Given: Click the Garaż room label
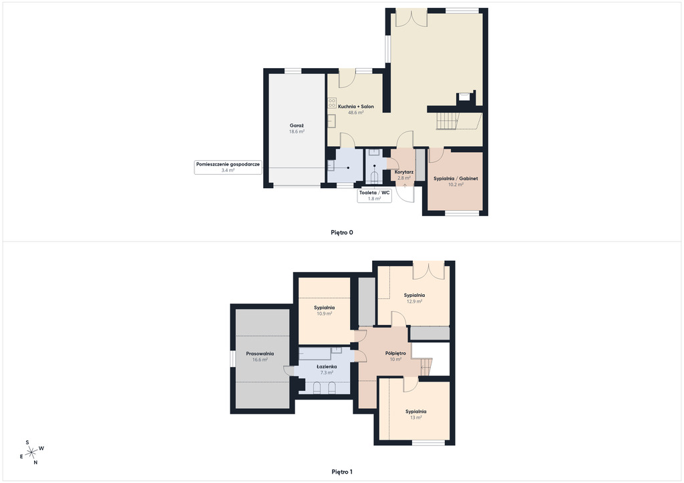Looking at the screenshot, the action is click(x=297, y=125).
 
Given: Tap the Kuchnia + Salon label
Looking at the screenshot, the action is click(x=356, y=106).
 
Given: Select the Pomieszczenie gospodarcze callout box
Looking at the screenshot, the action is click(x=228, y=167).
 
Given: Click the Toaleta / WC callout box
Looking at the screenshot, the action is click(x=374, y=195).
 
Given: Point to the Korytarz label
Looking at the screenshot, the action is click(x=404, y=172).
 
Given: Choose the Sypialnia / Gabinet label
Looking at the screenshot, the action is click(x=456, y=179).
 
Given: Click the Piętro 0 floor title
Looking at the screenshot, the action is click(x=342, y=233).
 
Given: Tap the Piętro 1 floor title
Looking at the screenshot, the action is click(x=342, y=472).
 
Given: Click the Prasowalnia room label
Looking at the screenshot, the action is click(x=260, y=354).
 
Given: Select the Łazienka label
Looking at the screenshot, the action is click(x=327, y=367).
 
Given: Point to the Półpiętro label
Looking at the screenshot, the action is click(x=395, y=353).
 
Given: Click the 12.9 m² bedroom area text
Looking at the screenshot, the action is click(x=414, y=302).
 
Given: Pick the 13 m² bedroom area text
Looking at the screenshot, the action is click(x=415, y=418).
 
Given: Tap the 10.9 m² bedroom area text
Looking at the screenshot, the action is click(x=325, y=314).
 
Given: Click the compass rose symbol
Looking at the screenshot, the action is click(x=31, y=453).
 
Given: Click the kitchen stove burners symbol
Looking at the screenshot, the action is click(x=332, y=103).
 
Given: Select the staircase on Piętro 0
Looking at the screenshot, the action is click(x=448, y=121).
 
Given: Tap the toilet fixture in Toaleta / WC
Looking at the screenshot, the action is click(x=374, y=177).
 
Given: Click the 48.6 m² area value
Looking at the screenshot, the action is click(x=356, y=112).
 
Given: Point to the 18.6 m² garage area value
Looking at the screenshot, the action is click(x=297, y=131).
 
